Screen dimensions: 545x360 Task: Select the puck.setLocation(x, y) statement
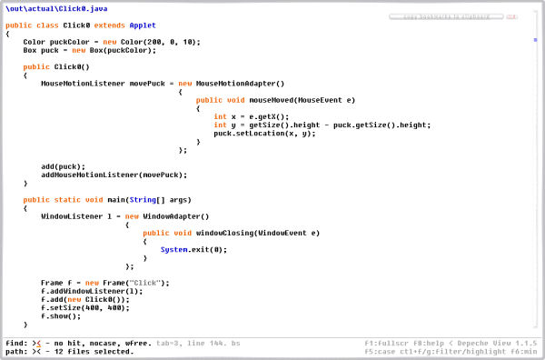(x=263, y=133)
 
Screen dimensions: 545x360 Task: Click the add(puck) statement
(x=63, y=166)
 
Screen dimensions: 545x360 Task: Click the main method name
(x=111, y=199)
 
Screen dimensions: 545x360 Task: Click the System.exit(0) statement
(x=193, y=249)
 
